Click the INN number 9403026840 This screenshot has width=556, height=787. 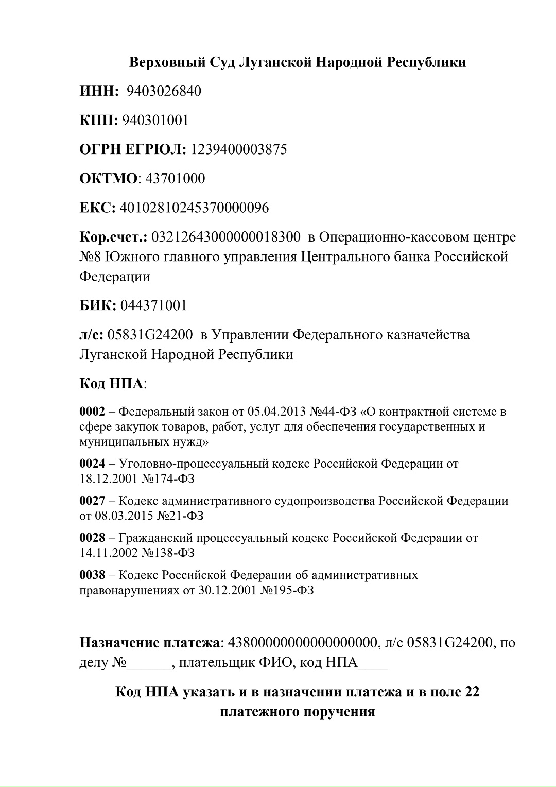[164, 92]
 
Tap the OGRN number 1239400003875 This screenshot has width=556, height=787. [239, 150]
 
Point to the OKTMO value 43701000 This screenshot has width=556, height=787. [176, 179]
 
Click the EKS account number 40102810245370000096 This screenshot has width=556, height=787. [194, 208]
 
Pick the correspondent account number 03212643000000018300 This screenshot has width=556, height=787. [227, 237]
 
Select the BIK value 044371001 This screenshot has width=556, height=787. [153, 306]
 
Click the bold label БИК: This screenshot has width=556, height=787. [98, 306]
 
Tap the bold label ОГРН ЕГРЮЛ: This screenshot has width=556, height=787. [133, 150]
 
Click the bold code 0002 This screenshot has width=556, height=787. [92, 412]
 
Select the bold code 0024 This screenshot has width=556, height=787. [92, 464]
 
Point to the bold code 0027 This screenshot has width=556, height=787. [92, 501]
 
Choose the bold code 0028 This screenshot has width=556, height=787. [92, 538]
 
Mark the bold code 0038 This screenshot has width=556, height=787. [92, 575]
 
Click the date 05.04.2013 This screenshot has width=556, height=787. [276, 412]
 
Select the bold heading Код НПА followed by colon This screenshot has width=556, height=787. [112, 384]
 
